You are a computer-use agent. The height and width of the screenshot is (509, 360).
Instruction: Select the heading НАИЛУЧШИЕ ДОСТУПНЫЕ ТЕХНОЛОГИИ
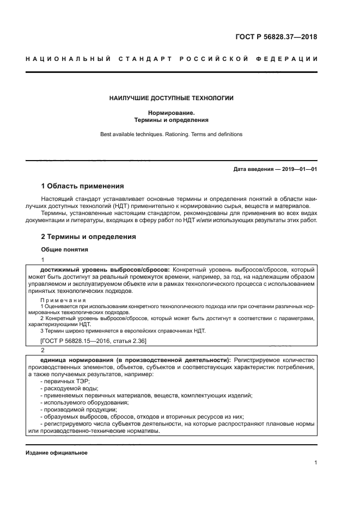tap(171, 98)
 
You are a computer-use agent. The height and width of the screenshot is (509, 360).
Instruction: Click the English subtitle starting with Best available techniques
tap(171, 134)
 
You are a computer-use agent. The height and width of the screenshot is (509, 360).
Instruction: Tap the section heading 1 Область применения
tap(82, 186)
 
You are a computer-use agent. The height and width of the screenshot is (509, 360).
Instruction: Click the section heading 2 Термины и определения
tap(88, 237)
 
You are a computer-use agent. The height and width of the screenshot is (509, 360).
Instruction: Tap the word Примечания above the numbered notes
tap(63, 300)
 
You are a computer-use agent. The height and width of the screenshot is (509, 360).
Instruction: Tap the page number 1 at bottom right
tap(315, 463)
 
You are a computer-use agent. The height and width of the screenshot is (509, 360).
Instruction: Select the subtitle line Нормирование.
tap(171, 112)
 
